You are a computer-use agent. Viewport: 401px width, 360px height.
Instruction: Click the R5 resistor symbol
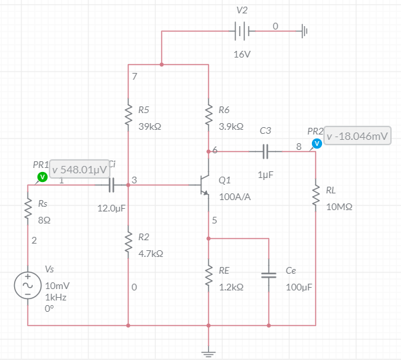click(128, 114)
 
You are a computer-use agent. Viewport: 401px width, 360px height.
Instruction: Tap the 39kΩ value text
click(149, 126)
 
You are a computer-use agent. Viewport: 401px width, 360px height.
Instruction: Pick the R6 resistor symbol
click(208, 114)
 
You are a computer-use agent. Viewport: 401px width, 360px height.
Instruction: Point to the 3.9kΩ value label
click(231, 126)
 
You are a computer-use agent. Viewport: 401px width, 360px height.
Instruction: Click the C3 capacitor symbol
click(265, 152)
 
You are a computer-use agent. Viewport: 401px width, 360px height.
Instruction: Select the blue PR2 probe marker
click(317, 144)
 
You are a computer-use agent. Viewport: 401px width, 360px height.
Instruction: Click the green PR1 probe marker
click(42, 177)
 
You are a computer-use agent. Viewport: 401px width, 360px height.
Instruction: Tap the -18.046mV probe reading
click(357, 137)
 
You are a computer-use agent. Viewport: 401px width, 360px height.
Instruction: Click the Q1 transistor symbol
click(204, 182)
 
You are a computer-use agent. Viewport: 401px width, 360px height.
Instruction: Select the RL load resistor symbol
click(315, 196)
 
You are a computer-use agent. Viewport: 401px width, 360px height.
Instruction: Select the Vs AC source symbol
click(28, 285)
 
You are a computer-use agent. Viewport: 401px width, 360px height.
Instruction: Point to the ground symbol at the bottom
click(208, 352)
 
